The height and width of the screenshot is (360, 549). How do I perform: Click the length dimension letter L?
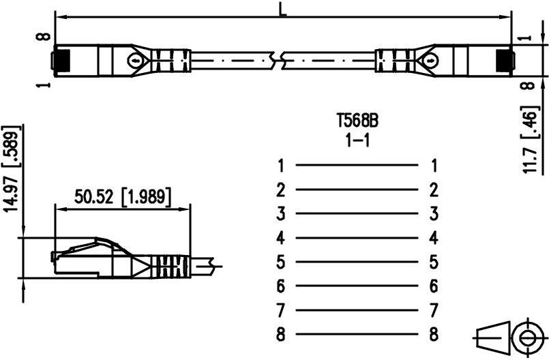(x=282, y=9)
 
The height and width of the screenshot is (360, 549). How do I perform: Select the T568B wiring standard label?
(x=357, y=121)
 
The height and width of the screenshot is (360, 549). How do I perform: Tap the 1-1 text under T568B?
(x=357, y=140)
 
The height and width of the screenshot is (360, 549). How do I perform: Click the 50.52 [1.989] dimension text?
(x=123, y=197)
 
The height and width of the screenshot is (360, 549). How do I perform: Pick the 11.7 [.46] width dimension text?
(x=529, y=139)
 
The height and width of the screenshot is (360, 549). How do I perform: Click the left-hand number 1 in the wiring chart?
(x=280, y=165)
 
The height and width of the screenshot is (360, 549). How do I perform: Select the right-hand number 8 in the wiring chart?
(x=434, y=334)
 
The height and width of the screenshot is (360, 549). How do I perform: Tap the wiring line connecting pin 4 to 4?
(x=357, y=238)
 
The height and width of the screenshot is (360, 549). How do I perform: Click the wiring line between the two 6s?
(x=357, y=286)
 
